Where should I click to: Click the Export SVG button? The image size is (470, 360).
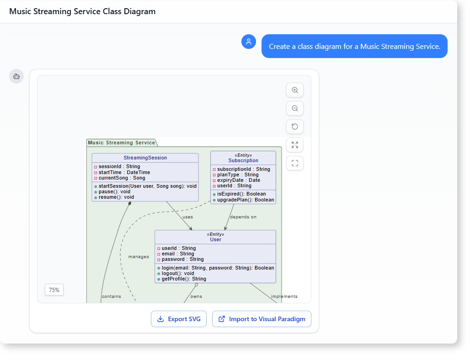(179, 319)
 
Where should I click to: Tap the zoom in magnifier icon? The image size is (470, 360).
(295, 90)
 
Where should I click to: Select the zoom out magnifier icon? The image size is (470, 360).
(295, 109)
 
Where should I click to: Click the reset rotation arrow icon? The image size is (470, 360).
(295, 127)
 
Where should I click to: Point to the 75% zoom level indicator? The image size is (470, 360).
(54, 290)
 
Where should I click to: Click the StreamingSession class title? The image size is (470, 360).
(145, 158)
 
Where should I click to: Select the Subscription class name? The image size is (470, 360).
(243, 161)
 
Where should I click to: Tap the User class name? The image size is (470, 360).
(215, 239)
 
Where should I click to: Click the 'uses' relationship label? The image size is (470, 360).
(187, 217)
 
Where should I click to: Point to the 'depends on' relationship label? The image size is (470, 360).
(243, 217)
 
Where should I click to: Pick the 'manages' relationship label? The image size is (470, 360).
(139, 257)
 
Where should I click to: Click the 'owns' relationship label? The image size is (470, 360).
(196, 296)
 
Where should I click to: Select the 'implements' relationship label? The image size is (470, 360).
(284, 296)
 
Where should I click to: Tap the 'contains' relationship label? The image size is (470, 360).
(112, 296)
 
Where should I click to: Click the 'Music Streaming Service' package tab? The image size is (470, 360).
(122, 143)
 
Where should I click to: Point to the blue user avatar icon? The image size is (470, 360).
(249, 42)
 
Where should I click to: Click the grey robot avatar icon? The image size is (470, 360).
(16, 76)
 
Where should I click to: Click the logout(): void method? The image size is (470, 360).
(178, 273)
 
